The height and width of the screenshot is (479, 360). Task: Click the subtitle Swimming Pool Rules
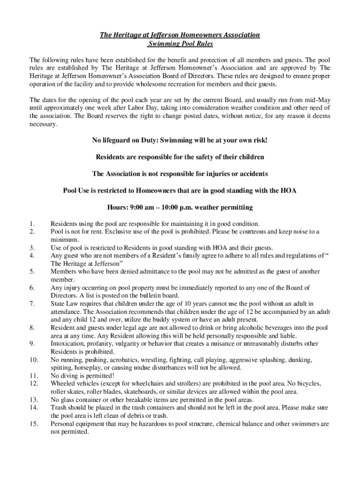pos(180,44)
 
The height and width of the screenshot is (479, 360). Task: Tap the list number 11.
pos(33,376)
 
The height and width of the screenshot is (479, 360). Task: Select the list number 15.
pos(33,424)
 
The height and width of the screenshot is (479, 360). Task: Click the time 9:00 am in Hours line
pos(141,207)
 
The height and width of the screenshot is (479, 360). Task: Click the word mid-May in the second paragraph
pos(318,100)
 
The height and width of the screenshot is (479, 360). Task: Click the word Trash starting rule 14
pos(59,407)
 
